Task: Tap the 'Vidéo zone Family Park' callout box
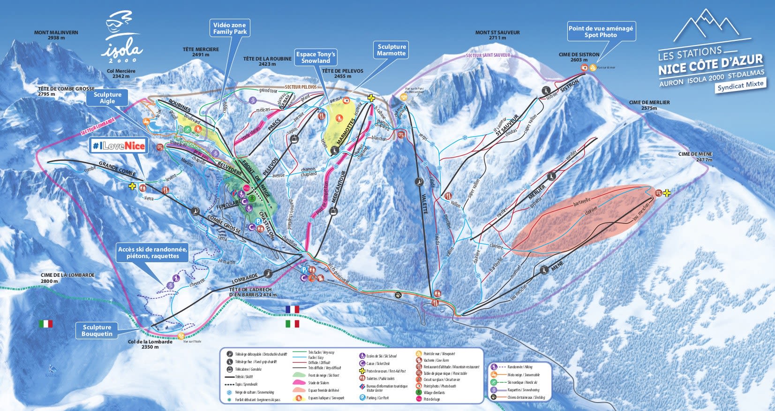click(229, 28)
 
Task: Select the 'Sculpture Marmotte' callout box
click(391, 50)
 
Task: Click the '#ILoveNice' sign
click(119, 146)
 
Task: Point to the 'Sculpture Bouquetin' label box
click(97, 330)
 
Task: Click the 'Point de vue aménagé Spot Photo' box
click(601, 31)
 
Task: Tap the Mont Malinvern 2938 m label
click(56, 35)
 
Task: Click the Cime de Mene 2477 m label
click(695, 157)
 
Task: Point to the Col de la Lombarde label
click(150, 344)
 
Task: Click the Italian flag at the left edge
click(45, 324)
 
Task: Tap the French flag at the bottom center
click(292, 309)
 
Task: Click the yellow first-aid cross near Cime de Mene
click(667, 193)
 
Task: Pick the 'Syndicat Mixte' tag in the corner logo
click(741, 85)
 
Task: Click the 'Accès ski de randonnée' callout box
click(152, 252)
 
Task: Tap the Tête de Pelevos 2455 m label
click(342, 74)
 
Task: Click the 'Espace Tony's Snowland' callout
click(316, 57)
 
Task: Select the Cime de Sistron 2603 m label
click(579, 57)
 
